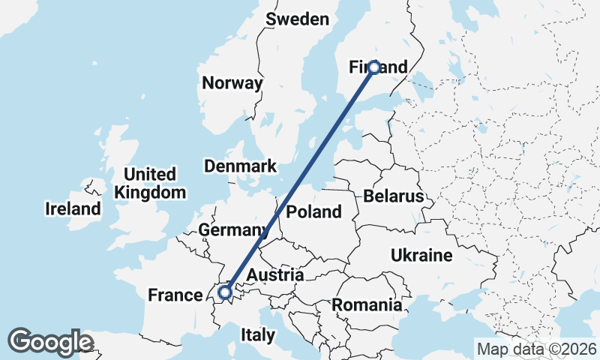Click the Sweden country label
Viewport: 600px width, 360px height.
tap(298, 19)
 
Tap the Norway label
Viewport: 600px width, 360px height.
tap(232, 83)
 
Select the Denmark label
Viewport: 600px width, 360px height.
tap(240, 166)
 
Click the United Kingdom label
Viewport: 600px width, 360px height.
tap(149, 183)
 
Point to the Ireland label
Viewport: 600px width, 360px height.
tap(73, 208)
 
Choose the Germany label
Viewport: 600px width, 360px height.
tap(233, 229)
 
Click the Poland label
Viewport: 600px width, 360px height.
tap(313, 211)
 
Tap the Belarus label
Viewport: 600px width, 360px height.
tap(393, 196)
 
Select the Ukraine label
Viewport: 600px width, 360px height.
tap(421, 256)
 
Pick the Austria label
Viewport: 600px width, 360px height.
tap(274, 275)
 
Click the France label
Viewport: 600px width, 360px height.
tap(175, 295)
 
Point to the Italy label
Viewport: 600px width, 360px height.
tap(257, 334)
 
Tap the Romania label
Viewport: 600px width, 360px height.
tap(367, 305)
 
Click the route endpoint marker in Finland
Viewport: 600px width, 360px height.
tap(373, 67)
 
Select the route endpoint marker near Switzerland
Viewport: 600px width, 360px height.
tap(223, 292)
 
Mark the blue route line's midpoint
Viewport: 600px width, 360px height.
tap(298, 180)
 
